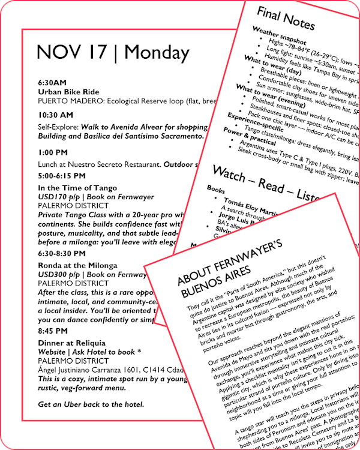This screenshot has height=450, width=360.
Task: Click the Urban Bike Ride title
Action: coord(67,92)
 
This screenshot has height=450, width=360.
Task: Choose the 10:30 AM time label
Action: coord(55,115)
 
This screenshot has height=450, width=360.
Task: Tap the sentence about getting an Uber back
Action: coord(91,404)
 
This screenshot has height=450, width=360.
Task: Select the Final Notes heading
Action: coord(286,18)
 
